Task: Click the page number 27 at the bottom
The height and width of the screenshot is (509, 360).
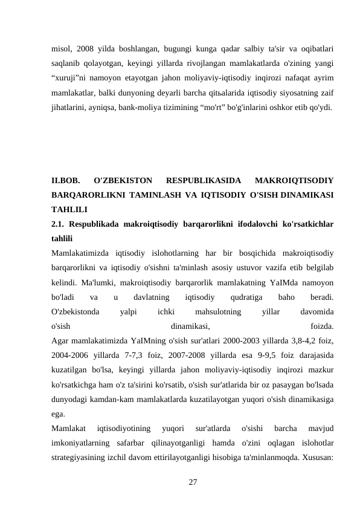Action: (193, 481)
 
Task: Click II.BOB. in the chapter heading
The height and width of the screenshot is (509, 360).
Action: (66, 179)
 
